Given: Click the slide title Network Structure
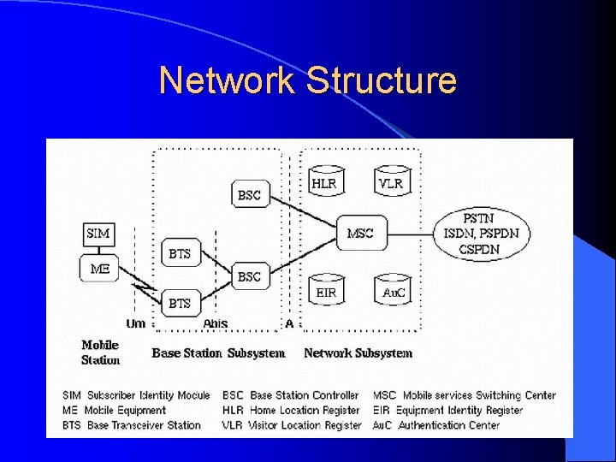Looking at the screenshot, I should coord(307,81).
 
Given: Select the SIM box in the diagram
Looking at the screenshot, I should coord(98,233).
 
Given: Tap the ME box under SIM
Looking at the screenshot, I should coord(99,268).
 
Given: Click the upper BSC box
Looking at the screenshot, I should coord(249,195).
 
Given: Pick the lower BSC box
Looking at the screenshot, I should coord(249,276).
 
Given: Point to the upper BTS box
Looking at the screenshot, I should coord(180,253).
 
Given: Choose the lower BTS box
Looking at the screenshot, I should coord(180,303).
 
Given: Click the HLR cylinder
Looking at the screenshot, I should coord(324,183).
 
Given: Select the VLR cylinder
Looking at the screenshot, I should coord(390,183).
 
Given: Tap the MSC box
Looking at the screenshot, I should coord(360,233).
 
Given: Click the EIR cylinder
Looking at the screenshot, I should coord(326,292).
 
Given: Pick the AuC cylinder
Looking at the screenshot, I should coord(394,292).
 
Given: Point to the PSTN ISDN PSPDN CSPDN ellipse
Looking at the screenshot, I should coord(481,233).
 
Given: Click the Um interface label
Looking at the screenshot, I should coord(135,323).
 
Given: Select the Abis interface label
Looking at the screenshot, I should coord(215,323).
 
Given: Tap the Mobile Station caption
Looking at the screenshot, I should coord(100,352).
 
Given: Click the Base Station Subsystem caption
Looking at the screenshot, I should coord(218,352).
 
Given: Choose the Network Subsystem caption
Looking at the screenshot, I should coord(358,352).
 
